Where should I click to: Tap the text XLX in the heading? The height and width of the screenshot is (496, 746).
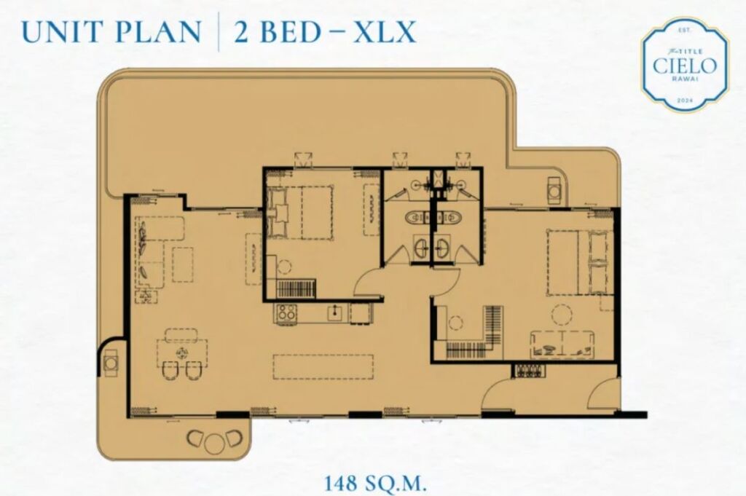coord(385,31)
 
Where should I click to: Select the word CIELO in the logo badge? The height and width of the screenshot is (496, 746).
coord(685,66)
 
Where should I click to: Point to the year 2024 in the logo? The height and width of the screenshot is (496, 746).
coord(684,101)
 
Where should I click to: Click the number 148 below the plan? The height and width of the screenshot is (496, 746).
coord(341,484)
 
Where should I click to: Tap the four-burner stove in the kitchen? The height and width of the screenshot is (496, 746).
coord(286,313)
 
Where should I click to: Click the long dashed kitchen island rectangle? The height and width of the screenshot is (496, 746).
coord(323,366)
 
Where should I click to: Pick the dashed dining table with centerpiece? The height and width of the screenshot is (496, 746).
coord(182,353)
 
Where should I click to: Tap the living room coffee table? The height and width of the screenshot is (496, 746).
coord(183,264)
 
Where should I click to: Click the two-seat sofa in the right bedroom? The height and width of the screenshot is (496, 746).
coord(562,343)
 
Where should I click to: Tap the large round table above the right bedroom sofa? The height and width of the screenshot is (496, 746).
coord(562,314)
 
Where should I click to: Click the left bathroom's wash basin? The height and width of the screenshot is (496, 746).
coord(420,248)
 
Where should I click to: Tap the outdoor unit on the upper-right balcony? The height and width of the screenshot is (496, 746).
coord(554,191)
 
